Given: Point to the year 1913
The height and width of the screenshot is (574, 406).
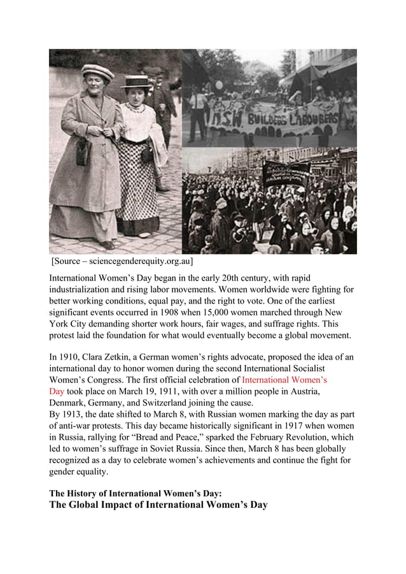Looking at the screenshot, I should (74, 414).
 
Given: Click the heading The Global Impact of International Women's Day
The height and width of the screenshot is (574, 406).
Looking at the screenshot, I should (158, 505).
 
